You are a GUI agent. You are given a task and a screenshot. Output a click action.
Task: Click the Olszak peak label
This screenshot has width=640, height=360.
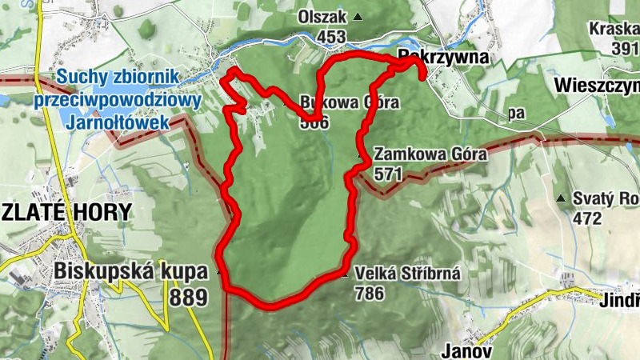pyautogui.click(x=324, y=17)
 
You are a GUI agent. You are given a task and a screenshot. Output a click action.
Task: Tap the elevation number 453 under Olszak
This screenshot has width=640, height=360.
pyautogui.click(x=330, y=37)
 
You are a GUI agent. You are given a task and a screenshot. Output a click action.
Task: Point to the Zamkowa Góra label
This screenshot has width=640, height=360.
pyautogui.click(x=430, y=154)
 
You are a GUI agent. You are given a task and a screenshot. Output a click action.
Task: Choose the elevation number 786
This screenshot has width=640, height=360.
pyautogui.click(x=369, y=293)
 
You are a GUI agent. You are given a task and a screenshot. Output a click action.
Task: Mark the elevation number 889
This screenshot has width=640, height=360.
pyautogui.click(x=188, y=298)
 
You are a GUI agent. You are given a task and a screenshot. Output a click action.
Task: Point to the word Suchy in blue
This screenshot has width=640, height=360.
pyautogui.click(x=80, y=78)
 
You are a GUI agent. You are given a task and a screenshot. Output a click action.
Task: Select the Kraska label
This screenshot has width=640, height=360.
pyautogui.click(x=613, y=29)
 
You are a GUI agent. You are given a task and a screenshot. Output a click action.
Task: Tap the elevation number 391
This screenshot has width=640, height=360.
pyautogui.click(x=624, y=48)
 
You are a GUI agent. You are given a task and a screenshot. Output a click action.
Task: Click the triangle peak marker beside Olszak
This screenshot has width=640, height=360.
pyautogui.click(x=358, y=17)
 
